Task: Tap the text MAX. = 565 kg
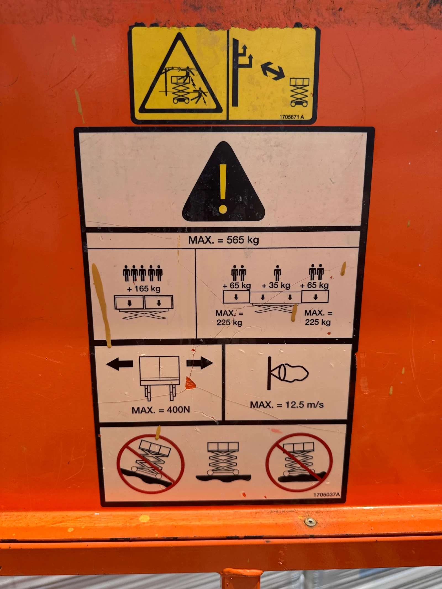point(223,240)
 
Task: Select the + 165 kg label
point(144,289)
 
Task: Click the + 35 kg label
point(276,285)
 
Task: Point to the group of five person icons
point(143,273)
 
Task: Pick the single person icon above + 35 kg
point(277,273)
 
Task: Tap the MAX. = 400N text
point(161,410)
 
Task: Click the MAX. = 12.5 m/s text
point(287,405)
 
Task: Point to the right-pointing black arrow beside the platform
point(200,363)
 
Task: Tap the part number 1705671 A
point(291,117)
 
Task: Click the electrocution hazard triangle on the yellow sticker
point(180,74)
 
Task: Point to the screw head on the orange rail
point(310,522)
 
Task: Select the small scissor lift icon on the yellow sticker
point(299,92)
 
